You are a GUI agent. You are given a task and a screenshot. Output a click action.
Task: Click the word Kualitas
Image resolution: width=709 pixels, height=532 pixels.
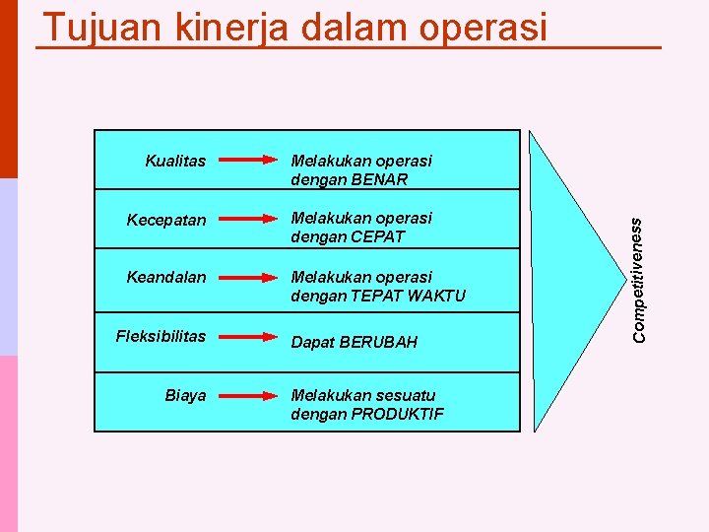[175, 160]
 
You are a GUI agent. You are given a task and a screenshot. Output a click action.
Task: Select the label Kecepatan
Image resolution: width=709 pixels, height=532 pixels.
[166, 220]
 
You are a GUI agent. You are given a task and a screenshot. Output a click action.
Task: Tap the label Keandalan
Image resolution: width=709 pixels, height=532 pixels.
[166, 277]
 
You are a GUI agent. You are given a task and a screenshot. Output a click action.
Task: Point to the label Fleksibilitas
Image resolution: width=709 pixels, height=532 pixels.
[161, 336]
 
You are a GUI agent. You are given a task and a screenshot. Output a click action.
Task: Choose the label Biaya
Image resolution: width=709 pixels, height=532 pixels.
[185, 395]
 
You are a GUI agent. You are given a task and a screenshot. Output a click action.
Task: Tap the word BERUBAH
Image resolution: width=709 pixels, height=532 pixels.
[378, 342]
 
